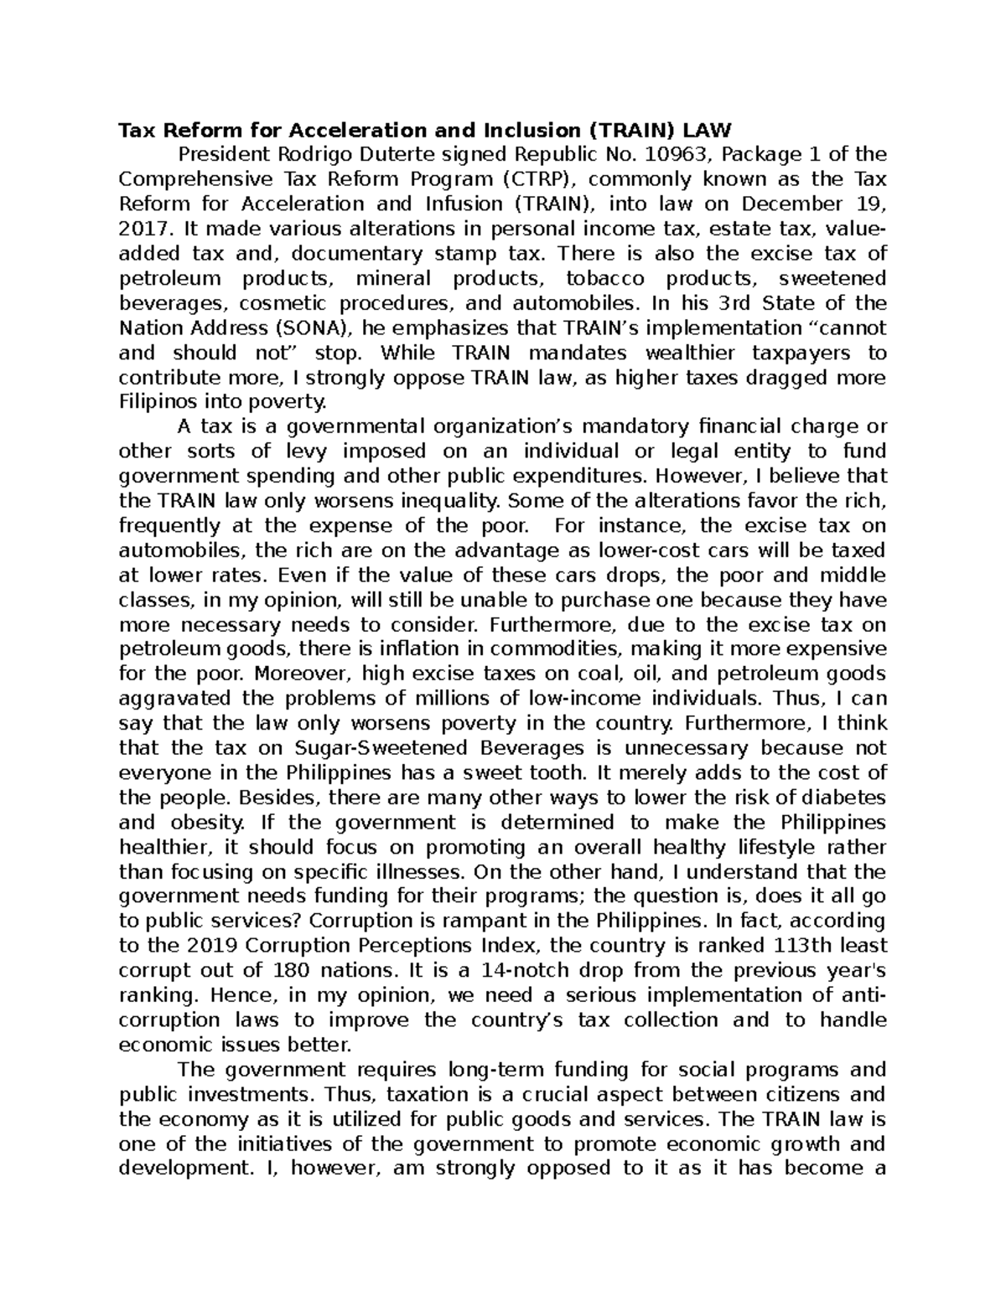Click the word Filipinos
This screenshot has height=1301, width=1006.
tap(159, 402)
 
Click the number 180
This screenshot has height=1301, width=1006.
tap(296, 971)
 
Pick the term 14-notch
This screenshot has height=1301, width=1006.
tap(512, 971)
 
